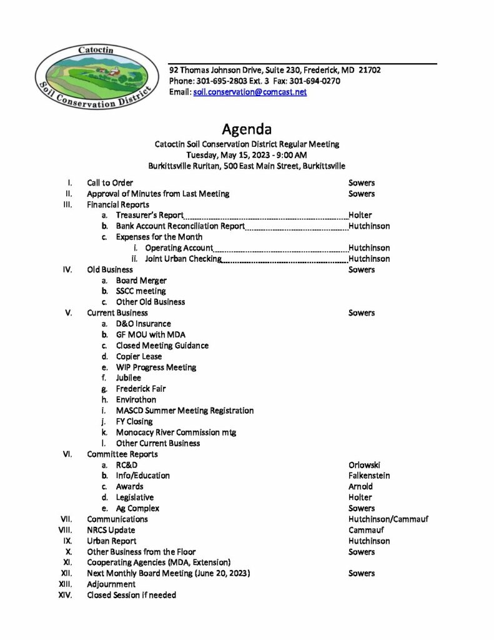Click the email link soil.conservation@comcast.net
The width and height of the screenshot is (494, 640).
[x=250, y=92]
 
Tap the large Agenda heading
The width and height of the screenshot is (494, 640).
[x=247, y=130]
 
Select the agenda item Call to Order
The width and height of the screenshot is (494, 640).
[x=110, y=183]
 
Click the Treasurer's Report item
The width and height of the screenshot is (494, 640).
[x=150, y=215]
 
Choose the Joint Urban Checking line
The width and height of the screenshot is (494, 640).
[x=183, y=259]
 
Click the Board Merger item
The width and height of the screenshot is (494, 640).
[x=141, y=281]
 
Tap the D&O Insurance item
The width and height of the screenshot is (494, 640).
[x=143, y=324]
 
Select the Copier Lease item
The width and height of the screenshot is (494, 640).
[x=139, y=356]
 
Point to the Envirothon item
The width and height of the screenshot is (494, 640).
[x=136, y=399]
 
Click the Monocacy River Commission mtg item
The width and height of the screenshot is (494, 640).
[x=175, y=432]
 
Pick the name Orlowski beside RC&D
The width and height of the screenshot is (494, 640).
[x=365, y=465]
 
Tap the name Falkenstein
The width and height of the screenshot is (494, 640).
[x=369, y=476]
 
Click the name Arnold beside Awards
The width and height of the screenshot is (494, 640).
[x=360, y=486]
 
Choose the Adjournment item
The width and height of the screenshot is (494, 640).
[x=111, y=584]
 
